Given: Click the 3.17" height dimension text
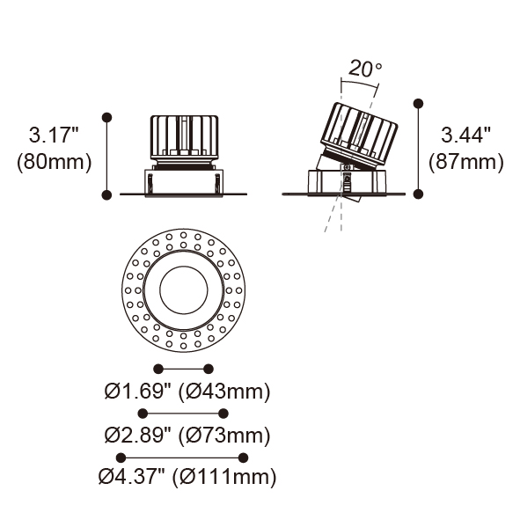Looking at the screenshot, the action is click(54, 135).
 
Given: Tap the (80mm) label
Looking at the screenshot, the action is click(54, 162).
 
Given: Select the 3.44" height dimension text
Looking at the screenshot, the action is click(465, 135).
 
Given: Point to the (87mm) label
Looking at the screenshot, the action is click(466, 162).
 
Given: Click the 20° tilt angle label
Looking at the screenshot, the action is click(365, 69).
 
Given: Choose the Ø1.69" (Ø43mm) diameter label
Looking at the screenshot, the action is click(187, 392).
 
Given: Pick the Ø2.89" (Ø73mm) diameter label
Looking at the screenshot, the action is click(187, 436).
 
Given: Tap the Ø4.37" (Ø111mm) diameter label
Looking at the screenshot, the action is click(187, 477).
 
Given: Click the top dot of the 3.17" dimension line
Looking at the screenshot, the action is click(106, 117).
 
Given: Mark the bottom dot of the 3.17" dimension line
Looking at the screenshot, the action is click(106, 194).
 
